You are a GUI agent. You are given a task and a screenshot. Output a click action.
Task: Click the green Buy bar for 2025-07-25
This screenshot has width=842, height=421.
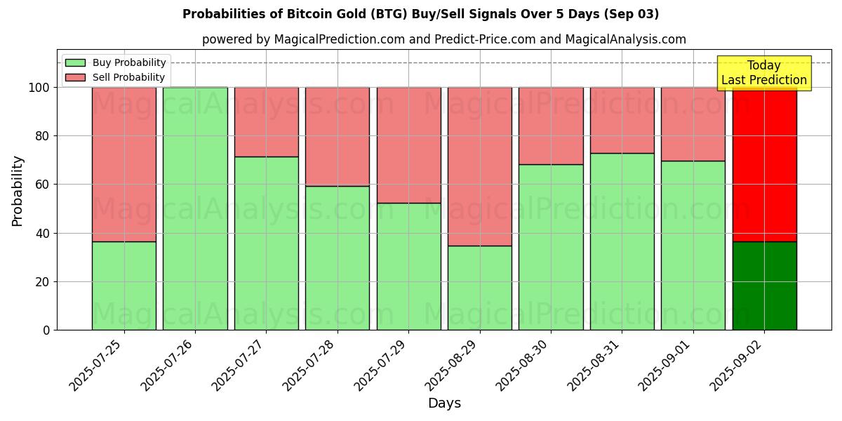point(123,286)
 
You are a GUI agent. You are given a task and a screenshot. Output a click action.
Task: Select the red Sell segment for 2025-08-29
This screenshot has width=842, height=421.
point(480,166)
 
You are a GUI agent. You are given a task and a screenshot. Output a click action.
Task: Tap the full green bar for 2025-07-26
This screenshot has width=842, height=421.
point(195,208)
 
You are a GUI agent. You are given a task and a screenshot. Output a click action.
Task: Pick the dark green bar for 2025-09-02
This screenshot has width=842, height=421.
point(764,286)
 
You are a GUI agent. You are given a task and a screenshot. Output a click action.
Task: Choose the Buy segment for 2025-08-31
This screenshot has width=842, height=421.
point(622,241)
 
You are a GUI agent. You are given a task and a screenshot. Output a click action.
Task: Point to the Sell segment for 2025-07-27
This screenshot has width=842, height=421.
point(266,122)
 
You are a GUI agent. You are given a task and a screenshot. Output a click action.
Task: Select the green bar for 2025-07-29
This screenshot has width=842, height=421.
point(408,267)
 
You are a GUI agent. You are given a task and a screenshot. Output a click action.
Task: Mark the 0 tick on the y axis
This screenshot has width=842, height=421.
point(46,330)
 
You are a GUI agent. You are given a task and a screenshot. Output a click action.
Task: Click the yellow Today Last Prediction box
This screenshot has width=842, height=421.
point(763,73)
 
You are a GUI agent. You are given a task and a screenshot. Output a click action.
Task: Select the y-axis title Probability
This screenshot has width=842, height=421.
point(18,191)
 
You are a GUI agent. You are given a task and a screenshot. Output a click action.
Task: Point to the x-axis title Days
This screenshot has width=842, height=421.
point(444,403)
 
